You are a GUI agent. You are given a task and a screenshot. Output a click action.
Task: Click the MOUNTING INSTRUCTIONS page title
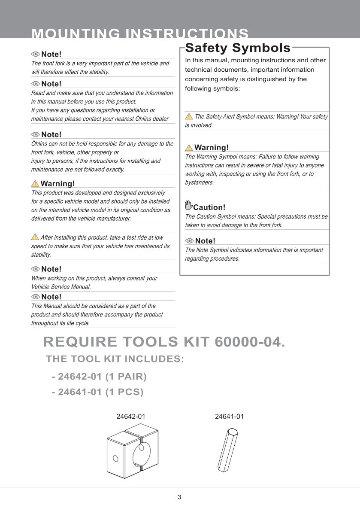140,33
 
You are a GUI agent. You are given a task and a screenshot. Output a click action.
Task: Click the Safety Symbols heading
238,48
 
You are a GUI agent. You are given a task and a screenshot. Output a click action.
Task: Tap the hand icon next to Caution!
188,205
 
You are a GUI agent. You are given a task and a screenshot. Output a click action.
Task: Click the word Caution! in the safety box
209,207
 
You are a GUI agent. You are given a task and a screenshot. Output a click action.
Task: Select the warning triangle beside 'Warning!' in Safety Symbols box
189,148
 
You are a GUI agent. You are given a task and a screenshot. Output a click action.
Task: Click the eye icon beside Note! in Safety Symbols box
189,241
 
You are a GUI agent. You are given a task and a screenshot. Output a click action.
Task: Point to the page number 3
179,497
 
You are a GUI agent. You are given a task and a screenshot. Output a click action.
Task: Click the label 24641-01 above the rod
229,417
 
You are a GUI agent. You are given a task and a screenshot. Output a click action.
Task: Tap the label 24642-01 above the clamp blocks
131,417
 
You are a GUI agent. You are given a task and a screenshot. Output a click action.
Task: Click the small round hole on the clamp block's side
115,458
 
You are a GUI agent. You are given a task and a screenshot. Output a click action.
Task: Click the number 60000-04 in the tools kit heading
247,342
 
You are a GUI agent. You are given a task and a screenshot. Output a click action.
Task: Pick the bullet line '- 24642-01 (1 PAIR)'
99,377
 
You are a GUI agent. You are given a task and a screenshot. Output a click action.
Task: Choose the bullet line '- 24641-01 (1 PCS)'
97,392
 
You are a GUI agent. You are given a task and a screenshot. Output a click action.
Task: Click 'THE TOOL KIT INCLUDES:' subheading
115,359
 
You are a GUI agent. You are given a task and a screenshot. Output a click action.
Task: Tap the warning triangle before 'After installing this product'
35,237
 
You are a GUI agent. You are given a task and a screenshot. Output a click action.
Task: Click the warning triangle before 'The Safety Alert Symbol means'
189,116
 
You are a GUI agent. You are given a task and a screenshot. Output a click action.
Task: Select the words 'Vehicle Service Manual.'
61,287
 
